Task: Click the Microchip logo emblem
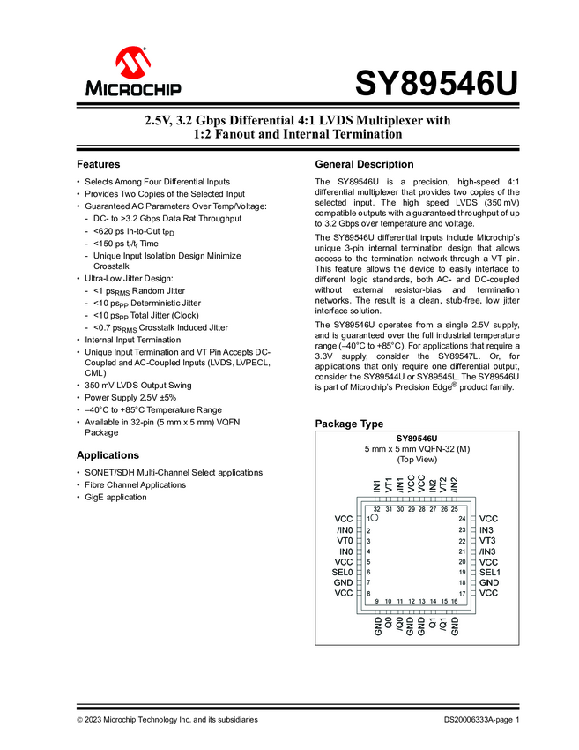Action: coord(134,63)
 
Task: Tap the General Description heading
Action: coord(364,165)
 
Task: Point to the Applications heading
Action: coord(108,455)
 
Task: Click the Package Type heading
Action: coord(349,424)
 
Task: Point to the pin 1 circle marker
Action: coord(374,519)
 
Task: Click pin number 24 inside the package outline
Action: coord(461,519)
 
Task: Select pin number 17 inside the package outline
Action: coord(461,594)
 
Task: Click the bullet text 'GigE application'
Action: coord(117,498)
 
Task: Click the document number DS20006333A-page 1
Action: coord(482,720)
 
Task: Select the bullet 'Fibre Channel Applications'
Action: coord(135,485)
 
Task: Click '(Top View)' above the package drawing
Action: coord(417,460)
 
